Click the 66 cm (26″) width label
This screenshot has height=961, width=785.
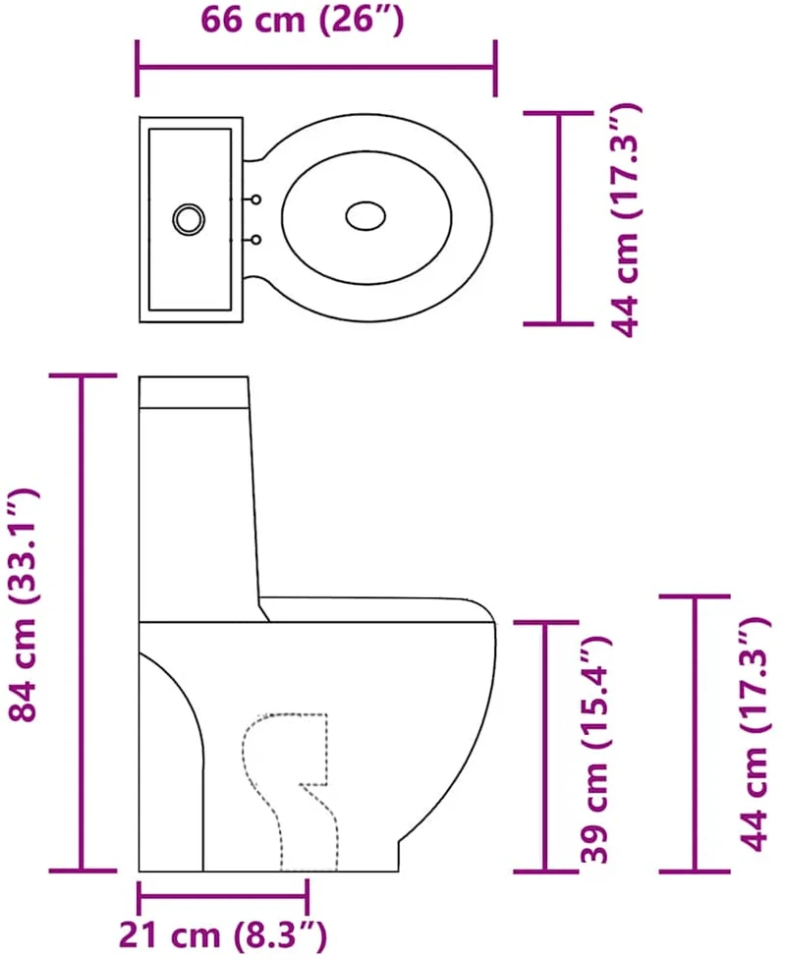(x=302, y=21)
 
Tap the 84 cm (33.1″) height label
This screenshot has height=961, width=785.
(x=24, y=604)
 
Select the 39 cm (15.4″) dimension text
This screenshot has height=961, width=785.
(x=595, y=749)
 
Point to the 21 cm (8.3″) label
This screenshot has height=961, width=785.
(x=222, y=935)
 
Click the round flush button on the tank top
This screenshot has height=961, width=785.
(x=189, y=219)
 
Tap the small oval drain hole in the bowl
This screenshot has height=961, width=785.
(x=365, y=216)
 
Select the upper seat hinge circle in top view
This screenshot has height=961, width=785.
(x=256, y=199)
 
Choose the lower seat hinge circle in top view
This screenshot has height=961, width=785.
(x=256, y=240)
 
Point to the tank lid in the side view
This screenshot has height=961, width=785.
(x=194, y=392)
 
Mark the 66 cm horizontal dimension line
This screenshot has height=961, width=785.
(x=316, y=68)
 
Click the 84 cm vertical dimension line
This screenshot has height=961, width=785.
(x=81, y=622)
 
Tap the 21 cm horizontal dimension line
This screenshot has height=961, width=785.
(x=223, y=897)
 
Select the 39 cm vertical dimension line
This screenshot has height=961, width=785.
(x=544, y=745)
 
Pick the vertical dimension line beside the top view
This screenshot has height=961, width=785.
(x=558, y=217)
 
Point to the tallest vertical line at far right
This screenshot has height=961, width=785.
(x=695, y=733)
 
